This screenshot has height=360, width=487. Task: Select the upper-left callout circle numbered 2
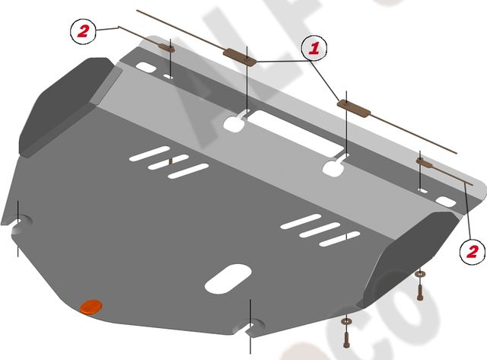pos(84,31)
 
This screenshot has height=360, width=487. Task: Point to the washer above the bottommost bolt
pos(346,319)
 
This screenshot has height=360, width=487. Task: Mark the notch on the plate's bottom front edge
pos(250,329)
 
